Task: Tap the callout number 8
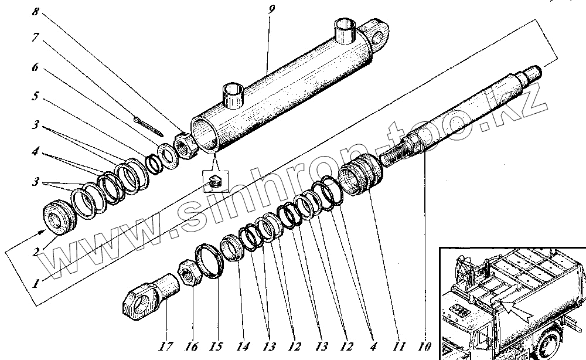click(x=36, y=11)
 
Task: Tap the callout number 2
click(x=36, y=253)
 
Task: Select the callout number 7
click(x=36, y=38)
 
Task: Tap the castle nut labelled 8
click(x=185, y=146)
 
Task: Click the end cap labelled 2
click(x=60, y=217)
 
